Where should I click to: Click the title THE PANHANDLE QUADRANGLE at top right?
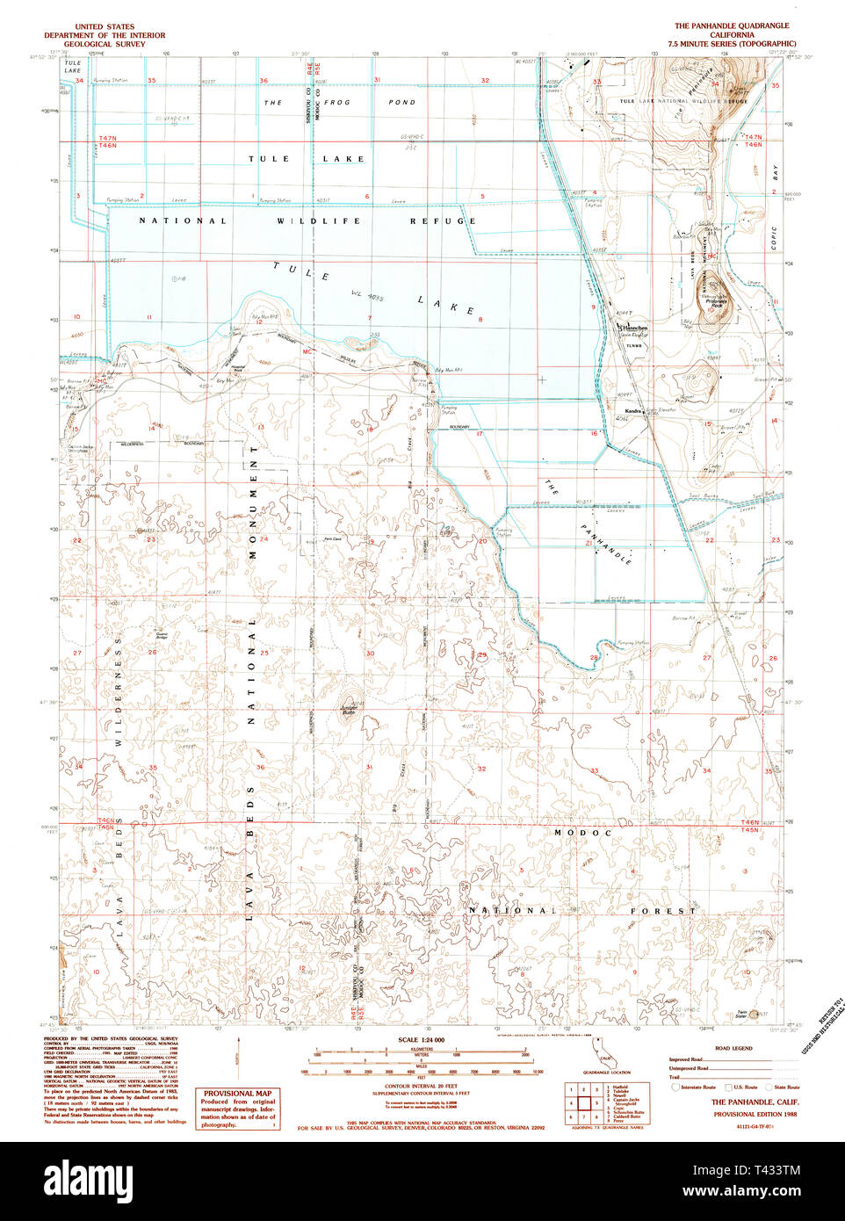click(731, 26)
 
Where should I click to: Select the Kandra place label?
click(632, 411)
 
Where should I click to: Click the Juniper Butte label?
click(350, 708)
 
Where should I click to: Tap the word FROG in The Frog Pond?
click(336, 103)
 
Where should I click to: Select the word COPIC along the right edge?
click(774, 237)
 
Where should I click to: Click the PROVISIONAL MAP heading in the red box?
click(237, 1094)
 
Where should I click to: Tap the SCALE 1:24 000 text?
click(422, 1040)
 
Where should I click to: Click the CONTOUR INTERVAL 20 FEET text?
click(421, 1087)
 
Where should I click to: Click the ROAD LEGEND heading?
click(733, 1048)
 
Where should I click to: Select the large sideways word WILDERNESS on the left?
click(117, 691)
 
